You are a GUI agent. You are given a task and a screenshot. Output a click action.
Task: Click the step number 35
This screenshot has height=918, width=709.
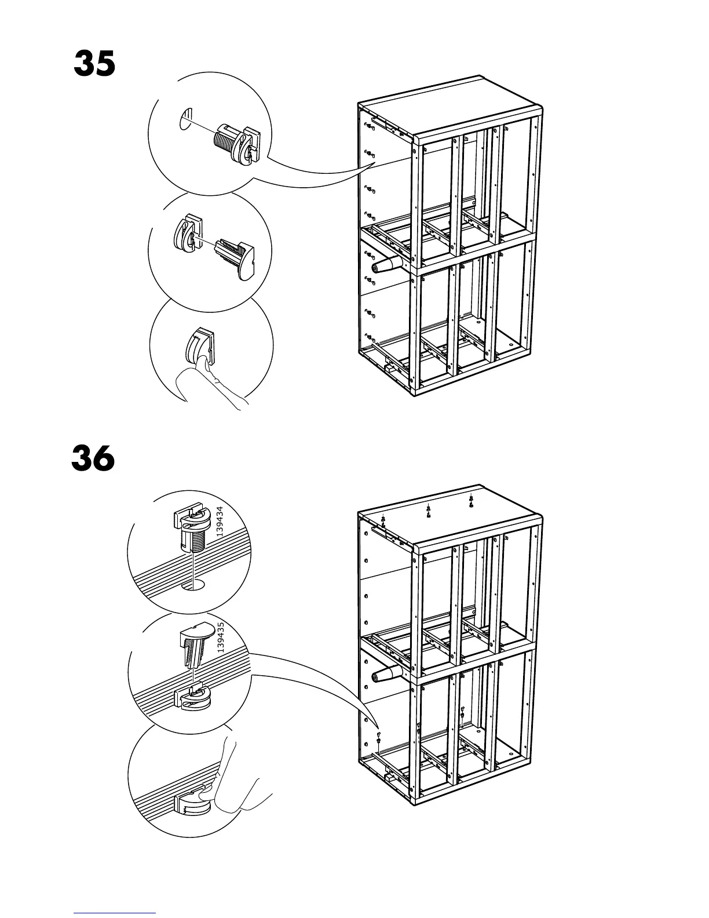pyautogui.click(x=94, y=64)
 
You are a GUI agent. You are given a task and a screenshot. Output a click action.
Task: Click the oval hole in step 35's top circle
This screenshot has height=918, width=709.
pyautogui.click(x=185, y=119)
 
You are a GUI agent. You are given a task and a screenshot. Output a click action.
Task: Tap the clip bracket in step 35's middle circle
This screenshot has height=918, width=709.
pyautogui.click(x=185, y=235)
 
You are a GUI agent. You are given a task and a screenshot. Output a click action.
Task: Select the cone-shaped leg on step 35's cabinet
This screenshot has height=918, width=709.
pyautogui.click(x=387, y=266)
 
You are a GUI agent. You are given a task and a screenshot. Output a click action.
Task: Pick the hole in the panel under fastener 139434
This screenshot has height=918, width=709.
pyautogui.click(x=193, y=584)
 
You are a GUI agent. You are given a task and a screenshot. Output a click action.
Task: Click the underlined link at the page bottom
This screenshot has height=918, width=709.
pyautogui.click(x=115, y=913)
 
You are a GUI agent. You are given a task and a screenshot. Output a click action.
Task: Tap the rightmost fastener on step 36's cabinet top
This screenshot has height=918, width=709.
pyautogui.click(x=471, y=500)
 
